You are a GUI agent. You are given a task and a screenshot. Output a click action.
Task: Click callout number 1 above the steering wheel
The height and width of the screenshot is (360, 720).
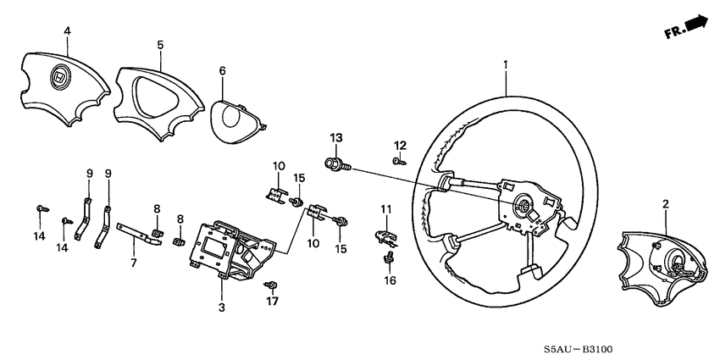(x=506, y=64)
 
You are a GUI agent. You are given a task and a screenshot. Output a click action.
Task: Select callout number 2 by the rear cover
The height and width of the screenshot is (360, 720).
(x=666, y=204)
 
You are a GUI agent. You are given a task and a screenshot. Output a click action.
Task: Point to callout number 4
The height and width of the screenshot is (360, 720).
(x=67, y=33)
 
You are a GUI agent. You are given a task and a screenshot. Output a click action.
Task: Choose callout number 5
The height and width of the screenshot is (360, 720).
(x=159, y=43)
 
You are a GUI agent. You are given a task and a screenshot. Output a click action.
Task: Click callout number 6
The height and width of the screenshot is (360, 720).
(x=223, y=71)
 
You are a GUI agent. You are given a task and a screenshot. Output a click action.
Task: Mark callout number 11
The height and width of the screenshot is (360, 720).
(x=386, y=209)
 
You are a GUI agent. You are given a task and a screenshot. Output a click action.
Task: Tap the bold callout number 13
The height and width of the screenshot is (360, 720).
(x=335, y=137)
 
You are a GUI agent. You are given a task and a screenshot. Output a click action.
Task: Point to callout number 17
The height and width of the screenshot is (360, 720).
(x=273, y=299)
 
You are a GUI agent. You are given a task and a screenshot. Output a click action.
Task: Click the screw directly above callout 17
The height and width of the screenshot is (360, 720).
(x=272, y=284)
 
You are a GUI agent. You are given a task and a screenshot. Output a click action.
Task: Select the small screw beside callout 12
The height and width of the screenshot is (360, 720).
(x=396, y=159)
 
